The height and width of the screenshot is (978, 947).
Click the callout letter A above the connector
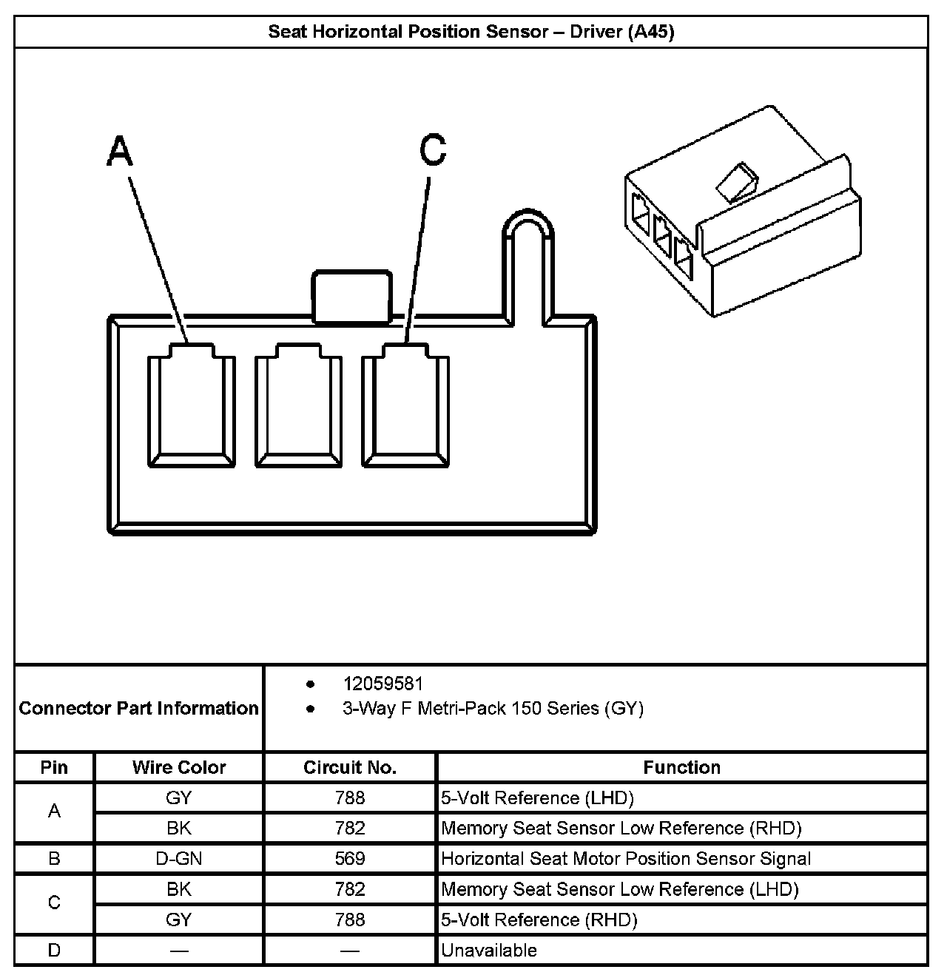pos(120,152)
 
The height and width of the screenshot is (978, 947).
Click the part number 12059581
pos(382,684)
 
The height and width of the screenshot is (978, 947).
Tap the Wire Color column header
pos(179,767)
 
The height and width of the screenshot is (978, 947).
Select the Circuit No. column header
pos(350,767)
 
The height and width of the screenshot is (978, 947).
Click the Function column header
pos(681,767)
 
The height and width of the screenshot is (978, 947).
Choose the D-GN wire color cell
pos(179,859)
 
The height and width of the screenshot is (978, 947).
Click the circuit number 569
pos(350,859)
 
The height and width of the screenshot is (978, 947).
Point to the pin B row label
pos(54,859)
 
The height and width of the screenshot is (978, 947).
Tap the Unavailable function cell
pos(489,951)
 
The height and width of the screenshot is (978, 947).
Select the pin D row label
pos(54,951)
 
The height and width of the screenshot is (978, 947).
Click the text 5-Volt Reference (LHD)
pos(538,798)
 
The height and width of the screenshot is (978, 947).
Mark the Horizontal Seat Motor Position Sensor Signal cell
pos(626,859)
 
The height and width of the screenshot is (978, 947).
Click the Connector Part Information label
pos(139,709)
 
